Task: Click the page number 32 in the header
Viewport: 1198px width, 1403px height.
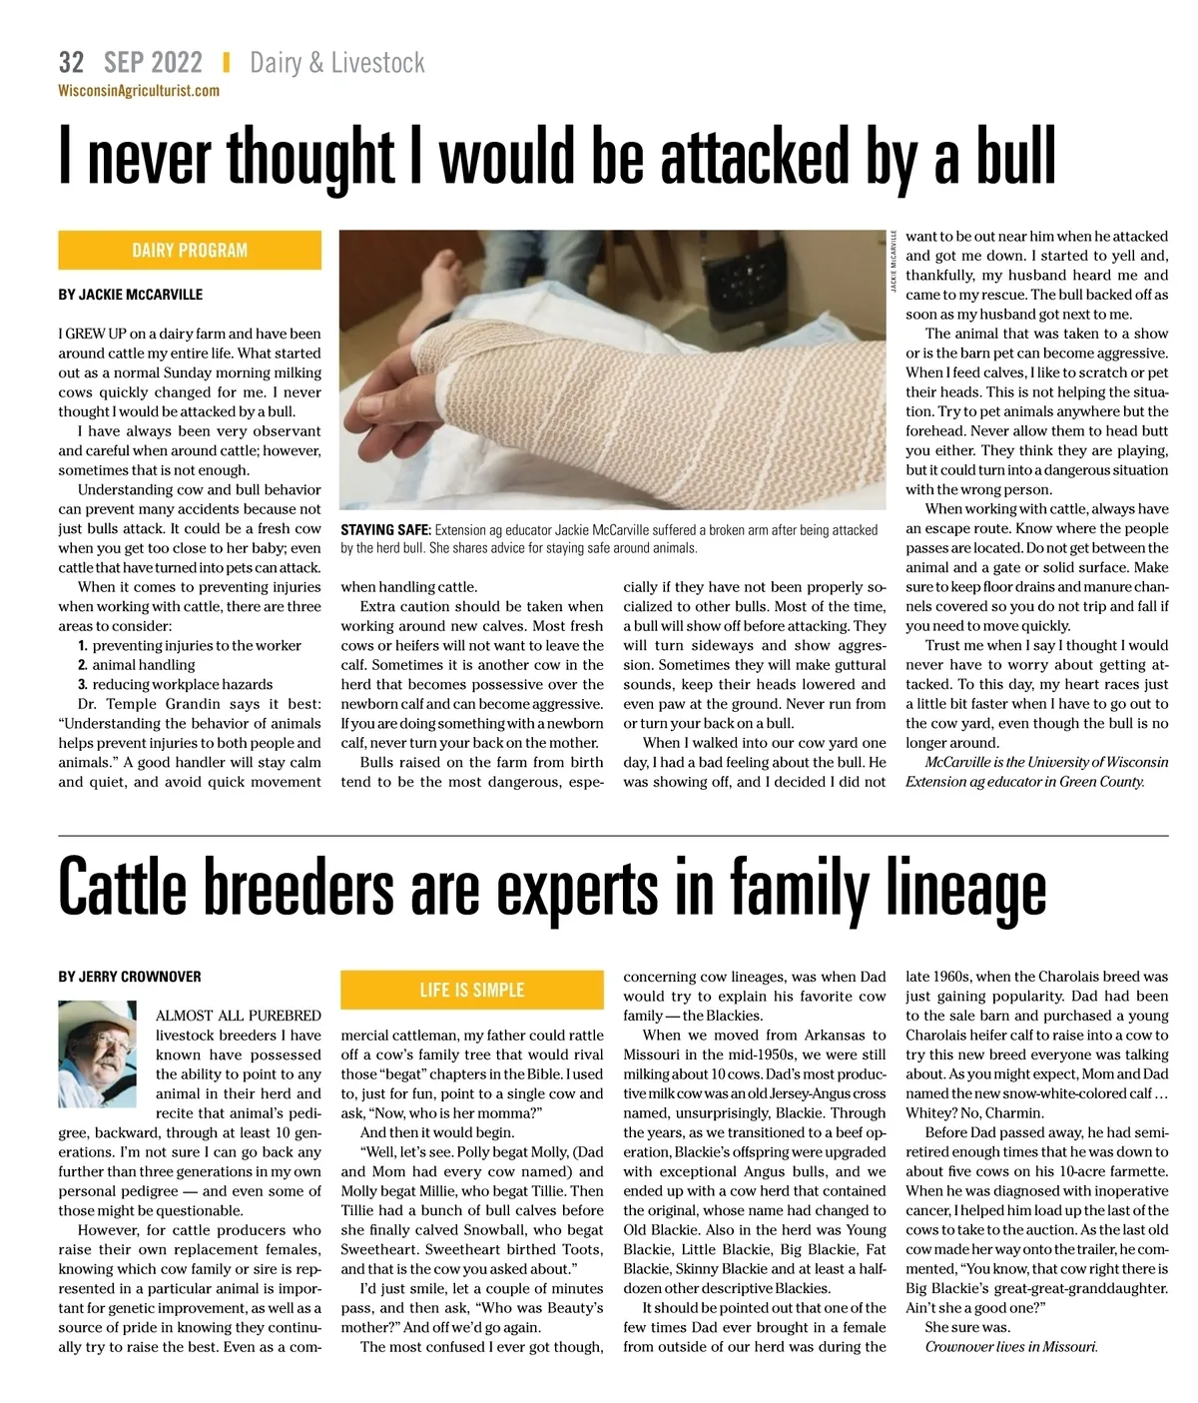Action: pyautogui.click(x=71, y=63)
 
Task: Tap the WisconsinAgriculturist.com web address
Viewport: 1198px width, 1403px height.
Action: pyautogui.click(x=139, y=91)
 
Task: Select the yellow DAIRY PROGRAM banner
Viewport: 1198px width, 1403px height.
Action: pyautogui.click(x=190, y=250)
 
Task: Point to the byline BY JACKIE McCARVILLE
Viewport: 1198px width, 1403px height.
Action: pyautogui.click(x=130, y=295)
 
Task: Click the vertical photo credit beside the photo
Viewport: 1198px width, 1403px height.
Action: pyautogui.click(x=894, y=263)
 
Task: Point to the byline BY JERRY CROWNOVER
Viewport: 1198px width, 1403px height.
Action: pyautogui.click(x=130, y=976)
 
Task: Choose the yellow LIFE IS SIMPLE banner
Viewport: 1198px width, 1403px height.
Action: pyautogui.click(x=471, y=990)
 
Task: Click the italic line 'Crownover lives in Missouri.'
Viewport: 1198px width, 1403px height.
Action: pyautogui.click(x=1010, y=1347)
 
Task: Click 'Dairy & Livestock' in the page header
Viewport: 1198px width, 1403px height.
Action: pyautogui.click(x=337, y=63)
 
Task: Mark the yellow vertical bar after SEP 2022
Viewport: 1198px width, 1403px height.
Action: pyautogui.click(x=226, y=63)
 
